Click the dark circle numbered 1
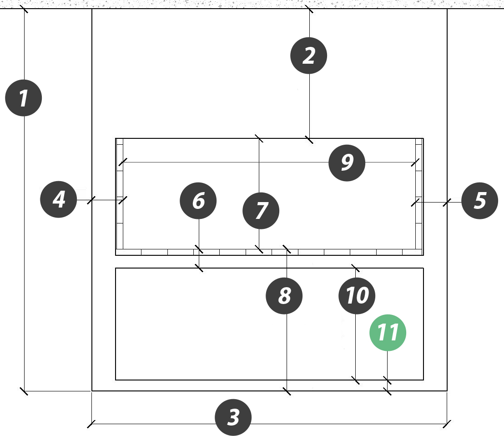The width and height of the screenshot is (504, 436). point(24,98)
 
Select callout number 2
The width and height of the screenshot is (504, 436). point(308,56)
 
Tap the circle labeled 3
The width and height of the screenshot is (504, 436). point(233,417)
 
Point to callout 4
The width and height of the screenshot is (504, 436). point(59,199)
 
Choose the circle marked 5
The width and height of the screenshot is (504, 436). point(479,201)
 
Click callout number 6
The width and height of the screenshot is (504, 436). point(198,201)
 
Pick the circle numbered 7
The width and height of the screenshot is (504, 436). point(261,211)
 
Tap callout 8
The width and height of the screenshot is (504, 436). point(284,296)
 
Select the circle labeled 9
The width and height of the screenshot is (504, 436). point(347,162)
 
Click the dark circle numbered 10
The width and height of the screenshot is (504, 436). point(357,296)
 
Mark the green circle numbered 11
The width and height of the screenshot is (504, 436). point(388,333)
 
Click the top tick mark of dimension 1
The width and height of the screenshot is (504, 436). point(24,9)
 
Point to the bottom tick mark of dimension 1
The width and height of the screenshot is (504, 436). point(24,391)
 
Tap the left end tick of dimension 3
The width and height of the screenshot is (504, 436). point(91,424)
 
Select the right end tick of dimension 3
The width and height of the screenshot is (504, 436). point(447,424)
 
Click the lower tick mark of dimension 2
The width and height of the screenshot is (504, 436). point(309,139)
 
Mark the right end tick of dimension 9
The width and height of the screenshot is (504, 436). point(415,162)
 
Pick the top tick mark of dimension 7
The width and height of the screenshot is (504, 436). point(259,138)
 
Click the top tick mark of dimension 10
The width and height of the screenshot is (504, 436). point(356,268)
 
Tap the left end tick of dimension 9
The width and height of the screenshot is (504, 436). point(123,162)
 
